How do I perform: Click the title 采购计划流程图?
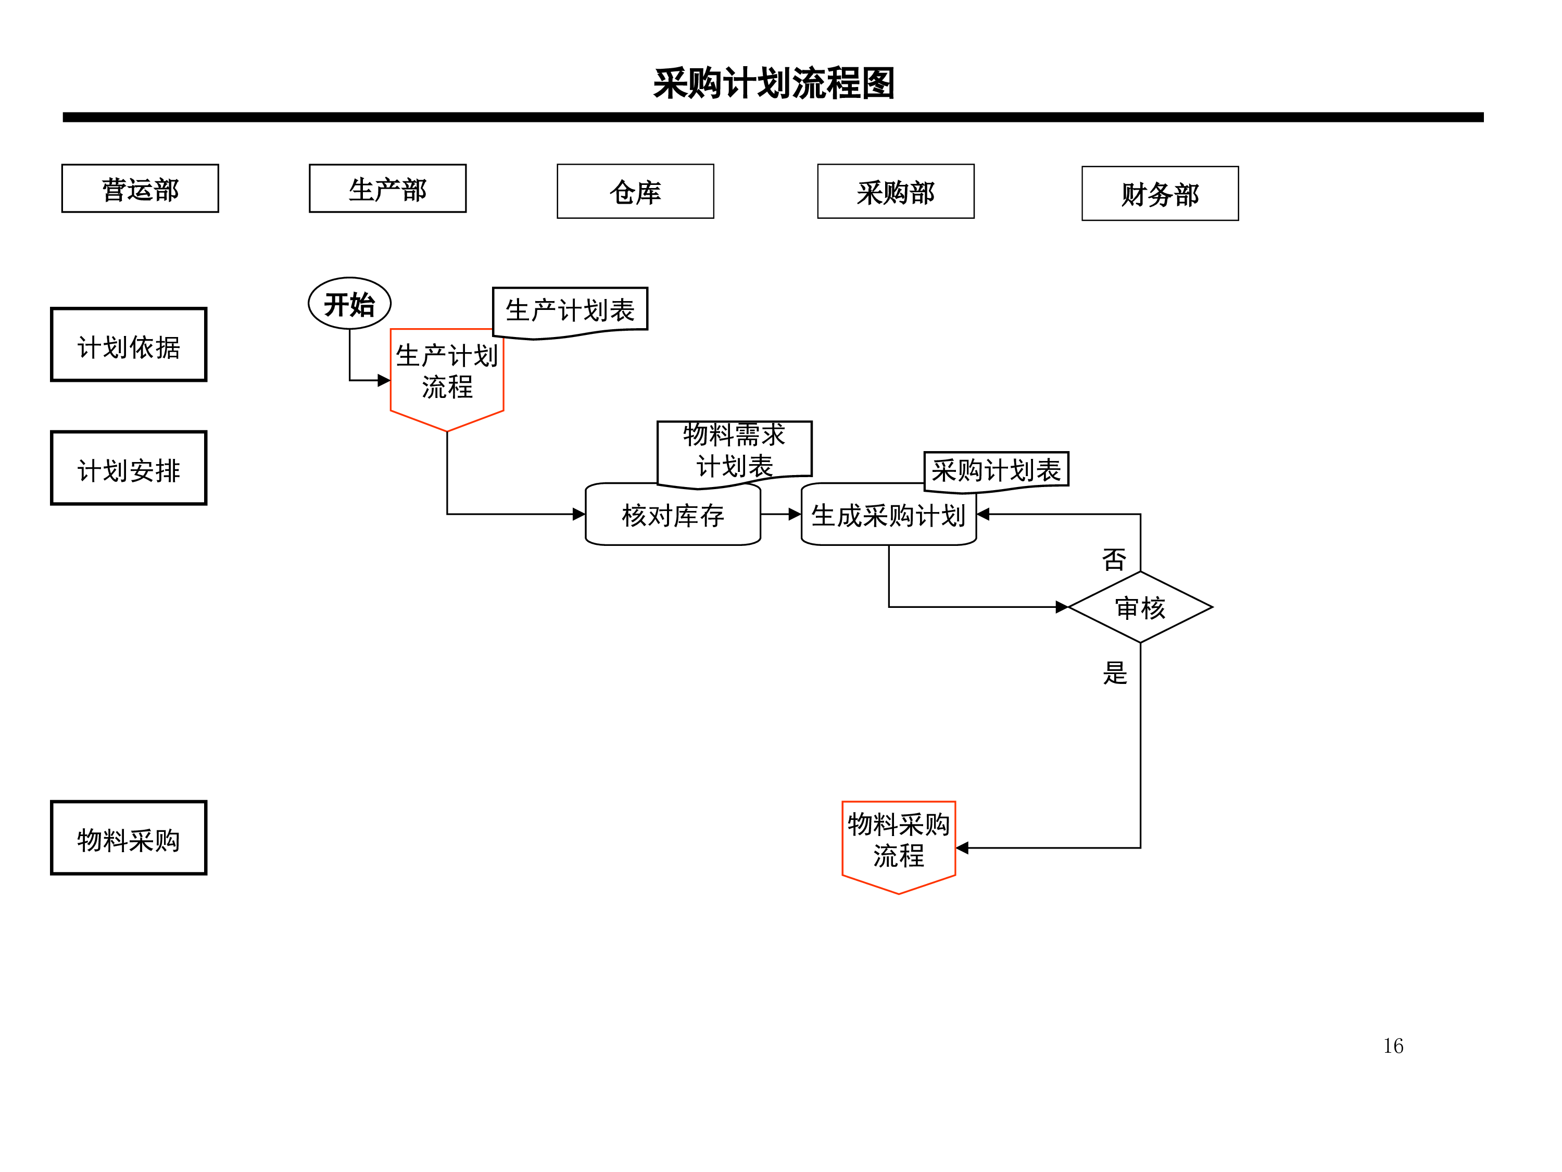click(773, 83)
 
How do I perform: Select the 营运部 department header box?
click(140, 189)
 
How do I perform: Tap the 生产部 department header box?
click(388, 189)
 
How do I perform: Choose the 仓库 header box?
click(636, 192)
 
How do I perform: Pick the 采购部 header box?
click(896, 192)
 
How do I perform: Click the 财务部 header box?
click(1160, 194)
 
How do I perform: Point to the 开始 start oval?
click(349, 304)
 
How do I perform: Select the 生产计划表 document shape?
click(570, 312)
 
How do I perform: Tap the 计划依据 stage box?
click(129, 345)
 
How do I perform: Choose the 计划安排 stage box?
click(129, 468)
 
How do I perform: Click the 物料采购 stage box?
click(129, 838)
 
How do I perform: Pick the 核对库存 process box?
click(673, 514)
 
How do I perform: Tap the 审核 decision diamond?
click(1140, 607)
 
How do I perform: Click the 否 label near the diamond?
click(1114, 559)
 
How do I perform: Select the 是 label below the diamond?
click(1115, 672)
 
